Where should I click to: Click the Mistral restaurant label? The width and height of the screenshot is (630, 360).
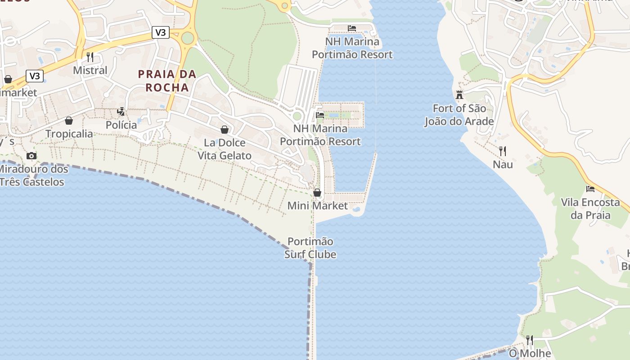point(90,70)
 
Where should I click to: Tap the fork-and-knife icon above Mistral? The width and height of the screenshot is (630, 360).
point(90,57)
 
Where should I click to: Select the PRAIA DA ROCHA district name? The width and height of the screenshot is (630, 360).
point(167,81)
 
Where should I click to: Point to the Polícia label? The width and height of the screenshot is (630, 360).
point(121,125)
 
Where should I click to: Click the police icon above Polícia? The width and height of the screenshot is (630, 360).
point(121,112)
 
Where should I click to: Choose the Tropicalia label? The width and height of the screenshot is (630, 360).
point(69,134)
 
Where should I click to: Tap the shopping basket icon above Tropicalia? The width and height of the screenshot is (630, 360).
point(69,121)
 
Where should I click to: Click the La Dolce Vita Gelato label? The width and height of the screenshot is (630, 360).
point(225,149)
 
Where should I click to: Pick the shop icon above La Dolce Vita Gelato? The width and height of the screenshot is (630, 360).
point(225,130)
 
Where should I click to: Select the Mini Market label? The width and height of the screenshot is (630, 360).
point(318,206)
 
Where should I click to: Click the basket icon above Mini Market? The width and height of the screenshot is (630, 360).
point(317,193)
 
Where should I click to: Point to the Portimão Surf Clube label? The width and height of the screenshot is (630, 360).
point(310,248)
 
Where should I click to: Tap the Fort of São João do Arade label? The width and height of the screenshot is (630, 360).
point(459,115)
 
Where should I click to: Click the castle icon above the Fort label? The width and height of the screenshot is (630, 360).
point(459,95)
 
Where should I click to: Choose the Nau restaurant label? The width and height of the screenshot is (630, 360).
point(503,164)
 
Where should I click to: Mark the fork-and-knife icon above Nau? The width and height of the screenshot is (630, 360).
point(503,151)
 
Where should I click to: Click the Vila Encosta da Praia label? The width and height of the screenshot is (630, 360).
point(590,209)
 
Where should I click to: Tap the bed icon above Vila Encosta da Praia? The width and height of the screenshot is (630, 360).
point(590,189)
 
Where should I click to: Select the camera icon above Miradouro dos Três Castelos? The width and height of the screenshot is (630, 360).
point(31,156)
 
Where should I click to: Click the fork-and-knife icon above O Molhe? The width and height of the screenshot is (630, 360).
point(530,340)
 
